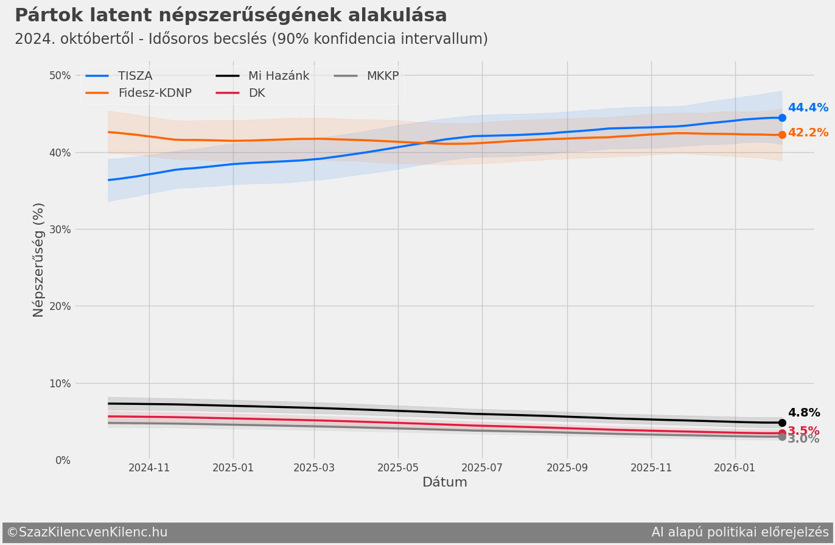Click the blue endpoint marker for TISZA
pyautogui.click(x=782, y=118)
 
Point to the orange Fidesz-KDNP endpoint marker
pyautogui.click(x=782, y=135)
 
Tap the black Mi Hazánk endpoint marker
pyautogui.click(x=782, y=423)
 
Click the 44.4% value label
pyautogui.click(x=808, y=108)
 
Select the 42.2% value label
pyautogui.click(x=808, y=133)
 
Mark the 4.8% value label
pyautogui.click(x=803, y=413)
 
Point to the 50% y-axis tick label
pyautogui.click(x=60, y=76)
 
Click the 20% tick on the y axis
pyautogui.click(x=60, y=306)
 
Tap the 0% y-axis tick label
pyautogui.click(x=63, y=460)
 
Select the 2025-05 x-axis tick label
pyautogui.click(x=398, y=468)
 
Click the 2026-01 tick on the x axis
pyautogui.click(x=735, y=468)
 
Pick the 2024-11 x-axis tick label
pyautogui.click(x=149, y=468)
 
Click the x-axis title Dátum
pyautogui.click(x=445, y=482)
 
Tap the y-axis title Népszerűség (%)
pyautogui.click(x=39, y=260)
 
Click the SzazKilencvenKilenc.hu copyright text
pyautogui.click(x=87, y=532)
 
